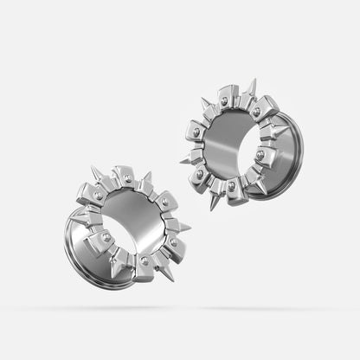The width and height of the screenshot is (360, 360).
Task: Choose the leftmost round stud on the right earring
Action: click(196, 132)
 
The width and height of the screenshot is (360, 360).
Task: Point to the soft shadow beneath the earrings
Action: click(180, 308)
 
